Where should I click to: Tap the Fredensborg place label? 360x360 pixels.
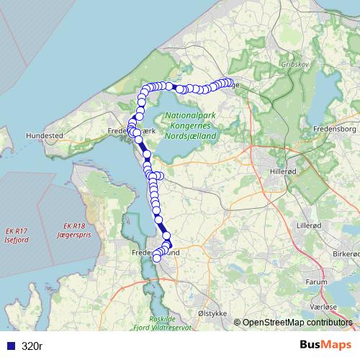click(336, 129)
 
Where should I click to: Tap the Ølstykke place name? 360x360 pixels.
click(213, 314)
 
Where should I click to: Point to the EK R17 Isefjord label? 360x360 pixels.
click(16, 235)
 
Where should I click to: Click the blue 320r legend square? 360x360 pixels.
click(10, 346)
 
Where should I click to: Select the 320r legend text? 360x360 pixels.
click(32, 346)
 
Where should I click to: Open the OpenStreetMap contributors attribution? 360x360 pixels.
click(298, 323)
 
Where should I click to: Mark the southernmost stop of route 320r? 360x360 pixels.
click(157, 259)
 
